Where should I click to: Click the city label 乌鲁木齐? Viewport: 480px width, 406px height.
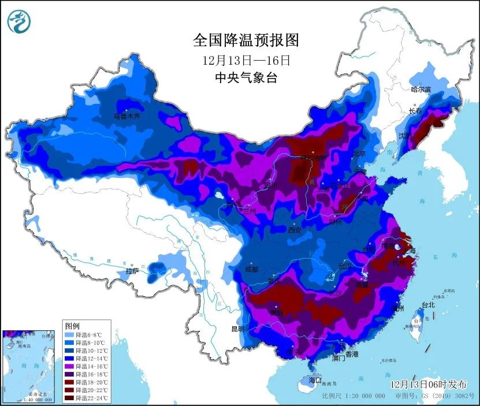pos(126,116)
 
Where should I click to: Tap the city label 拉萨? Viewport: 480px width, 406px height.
pos(132,271)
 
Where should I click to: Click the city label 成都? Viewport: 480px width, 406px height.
pos(252,269)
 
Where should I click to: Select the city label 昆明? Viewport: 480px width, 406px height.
pos(237,329)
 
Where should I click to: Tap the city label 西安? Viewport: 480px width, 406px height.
pos(295,230)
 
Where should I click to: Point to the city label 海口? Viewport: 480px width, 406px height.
pos(314,381)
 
